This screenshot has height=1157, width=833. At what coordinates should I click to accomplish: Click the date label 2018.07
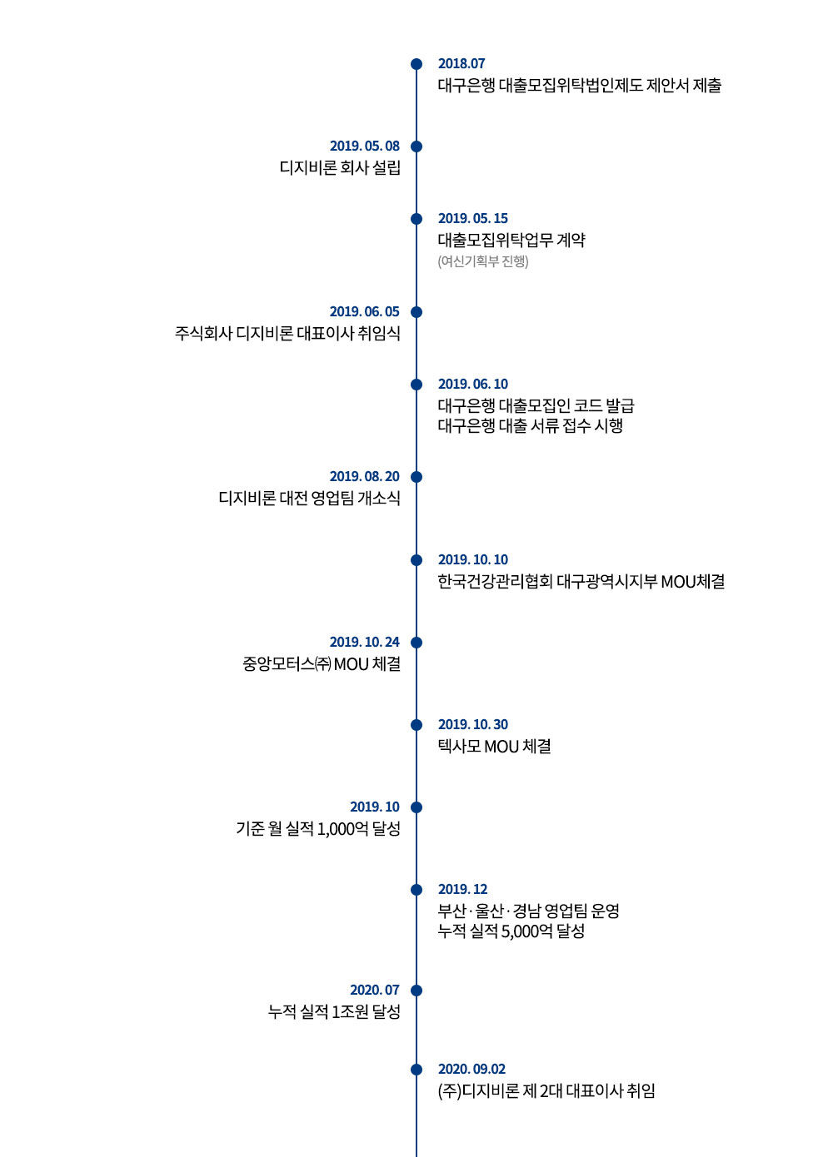tap(461, 63)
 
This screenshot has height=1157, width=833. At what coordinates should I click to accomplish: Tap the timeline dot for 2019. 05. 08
tap(416, 146)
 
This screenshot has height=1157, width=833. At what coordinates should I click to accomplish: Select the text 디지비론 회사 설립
tap(340, 167)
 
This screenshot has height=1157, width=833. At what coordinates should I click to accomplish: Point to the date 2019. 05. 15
tap(473, 218)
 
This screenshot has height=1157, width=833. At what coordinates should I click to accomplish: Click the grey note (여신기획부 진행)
tap(482, 261)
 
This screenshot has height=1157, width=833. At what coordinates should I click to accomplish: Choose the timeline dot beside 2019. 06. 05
tap(416, 312)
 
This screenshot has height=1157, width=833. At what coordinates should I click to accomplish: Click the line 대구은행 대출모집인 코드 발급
tap(536, 405)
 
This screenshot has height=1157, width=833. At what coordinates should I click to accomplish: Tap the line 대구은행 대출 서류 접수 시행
tap(530, 425)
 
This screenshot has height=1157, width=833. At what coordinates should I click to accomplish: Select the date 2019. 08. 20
tap(365, 476)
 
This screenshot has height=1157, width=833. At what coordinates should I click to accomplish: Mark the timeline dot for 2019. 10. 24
tap(416, 643)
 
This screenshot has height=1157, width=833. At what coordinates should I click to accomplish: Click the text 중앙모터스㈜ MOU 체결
tap(322, 663)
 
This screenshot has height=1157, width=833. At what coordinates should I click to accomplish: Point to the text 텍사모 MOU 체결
tap(494, 747)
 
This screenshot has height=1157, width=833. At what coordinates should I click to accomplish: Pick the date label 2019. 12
tap(462, 889)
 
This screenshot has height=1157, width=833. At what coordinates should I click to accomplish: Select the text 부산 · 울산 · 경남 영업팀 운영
tap(528, 911)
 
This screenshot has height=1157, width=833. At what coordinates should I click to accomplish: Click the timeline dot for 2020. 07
tap(416, 991)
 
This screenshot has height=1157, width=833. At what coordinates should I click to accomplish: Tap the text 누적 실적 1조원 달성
tap(334, 1011)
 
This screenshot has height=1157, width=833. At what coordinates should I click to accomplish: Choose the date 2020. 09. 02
tap(471, 1069)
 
